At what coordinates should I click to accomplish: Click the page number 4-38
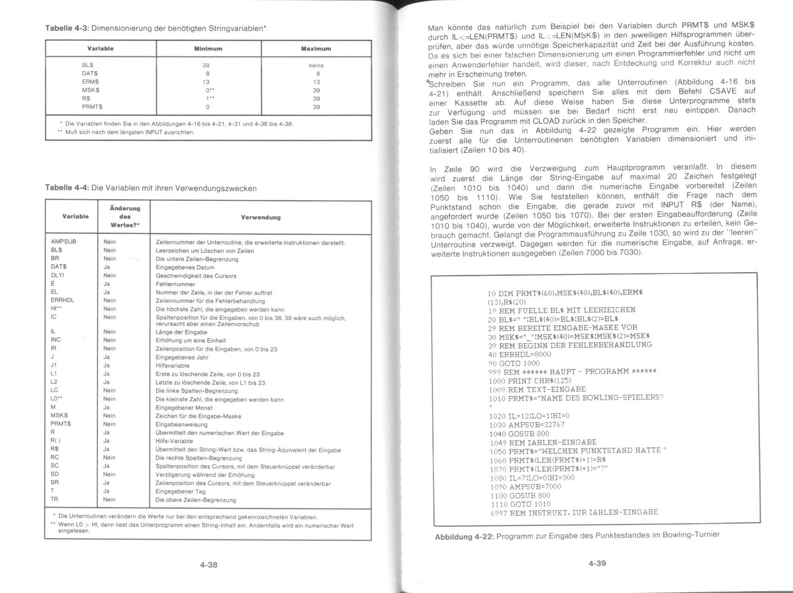[x=208, y=565]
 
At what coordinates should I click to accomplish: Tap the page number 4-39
[x=597, y=563]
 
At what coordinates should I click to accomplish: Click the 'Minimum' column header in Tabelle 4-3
[x=208, y=49]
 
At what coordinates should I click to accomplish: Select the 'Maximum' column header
[x=316, y=49]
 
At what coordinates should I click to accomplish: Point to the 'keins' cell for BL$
[x=316, y=66]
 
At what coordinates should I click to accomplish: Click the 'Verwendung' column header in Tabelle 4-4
[x=260, y=218]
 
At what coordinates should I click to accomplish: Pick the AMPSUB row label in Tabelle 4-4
[x=64, y=242]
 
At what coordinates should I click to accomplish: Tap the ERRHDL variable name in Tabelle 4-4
[x=62, y=300]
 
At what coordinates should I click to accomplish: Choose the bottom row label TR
[x=54, y=500]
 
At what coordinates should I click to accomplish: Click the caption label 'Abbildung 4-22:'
[x=464, y=537]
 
